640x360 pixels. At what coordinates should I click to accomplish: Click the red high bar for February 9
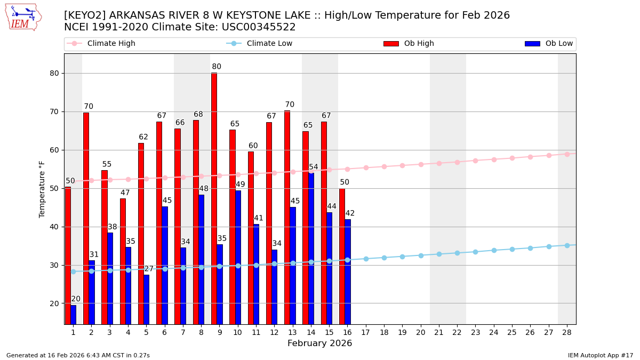(214, 198)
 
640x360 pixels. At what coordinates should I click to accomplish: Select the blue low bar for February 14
(311, 249)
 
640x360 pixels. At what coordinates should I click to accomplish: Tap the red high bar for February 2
(86, 218)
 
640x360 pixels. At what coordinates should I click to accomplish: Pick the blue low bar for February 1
(73, 315)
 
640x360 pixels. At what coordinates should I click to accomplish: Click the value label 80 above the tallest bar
(216, 67)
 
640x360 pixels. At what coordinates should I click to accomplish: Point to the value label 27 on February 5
(149, 269)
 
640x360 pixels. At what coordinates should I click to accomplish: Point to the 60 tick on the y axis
(53, 150)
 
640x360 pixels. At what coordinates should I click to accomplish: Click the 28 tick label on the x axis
(567, 332)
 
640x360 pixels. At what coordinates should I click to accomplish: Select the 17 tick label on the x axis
(365, 332)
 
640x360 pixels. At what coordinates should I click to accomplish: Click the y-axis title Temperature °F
(42, 189)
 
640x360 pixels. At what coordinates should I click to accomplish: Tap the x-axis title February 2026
(319, 343)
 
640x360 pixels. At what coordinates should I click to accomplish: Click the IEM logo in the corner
(23, 17)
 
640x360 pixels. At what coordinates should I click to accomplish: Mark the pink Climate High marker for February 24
(494, 159)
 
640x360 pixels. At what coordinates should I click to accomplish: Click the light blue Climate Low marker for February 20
(421, 255)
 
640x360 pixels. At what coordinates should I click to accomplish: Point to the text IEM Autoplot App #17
(600, 355)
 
